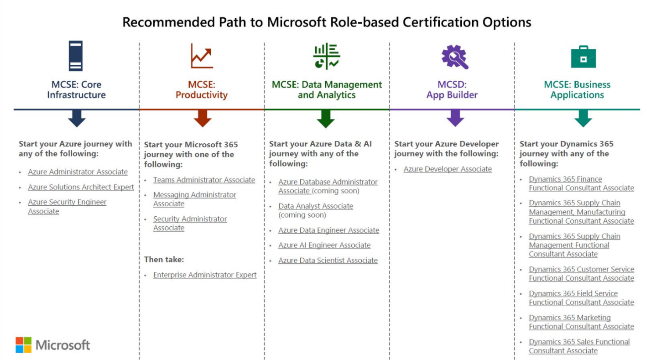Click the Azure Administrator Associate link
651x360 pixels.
(x=78, y=172)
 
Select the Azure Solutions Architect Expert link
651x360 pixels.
(x=81, y=187)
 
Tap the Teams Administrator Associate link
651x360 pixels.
(x=204, y=180)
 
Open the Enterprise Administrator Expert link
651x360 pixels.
(x=205, y=275)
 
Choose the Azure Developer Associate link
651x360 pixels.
(x=448, y=169)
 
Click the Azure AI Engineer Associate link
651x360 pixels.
(x=324, y=245)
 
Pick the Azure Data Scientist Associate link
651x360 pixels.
(x=328, y=261)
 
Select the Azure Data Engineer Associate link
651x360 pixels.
(x=328, y=230)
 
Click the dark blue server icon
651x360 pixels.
(x=76, y=56)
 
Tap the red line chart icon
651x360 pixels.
(x=202, y=56)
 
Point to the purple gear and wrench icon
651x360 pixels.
(x=454, y=57)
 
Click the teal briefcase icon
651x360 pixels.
(x=583, y=57)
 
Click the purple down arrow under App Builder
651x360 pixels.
(x=455, y=118)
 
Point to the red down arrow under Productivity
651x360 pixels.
(x=202, y=119)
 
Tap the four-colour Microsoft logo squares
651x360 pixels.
(x=24, y=344)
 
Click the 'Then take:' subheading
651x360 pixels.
(x=164, y=260)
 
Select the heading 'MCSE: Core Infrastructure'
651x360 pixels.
(x=76, y=89)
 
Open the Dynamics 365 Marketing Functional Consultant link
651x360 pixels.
(x=581, y=322)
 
